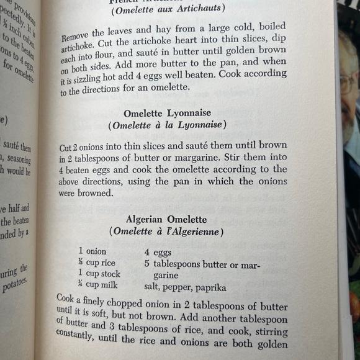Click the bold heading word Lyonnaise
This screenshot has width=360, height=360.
point(187,112)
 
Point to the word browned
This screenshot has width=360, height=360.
point(92,194)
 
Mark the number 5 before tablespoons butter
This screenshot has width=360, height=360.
point(147,263)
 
